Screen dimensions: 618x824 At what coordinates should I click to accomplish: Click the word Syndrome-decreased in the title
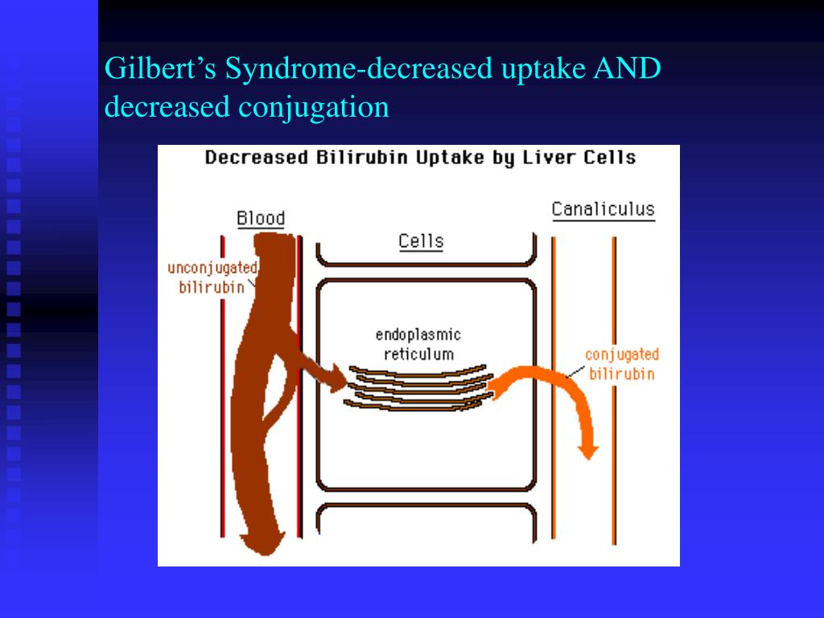[359, 69]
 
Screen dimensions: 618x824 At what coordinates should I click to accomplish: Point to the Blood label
[261, 218]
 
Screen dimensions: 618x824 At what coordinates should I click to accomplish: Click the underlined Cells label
[421, 241]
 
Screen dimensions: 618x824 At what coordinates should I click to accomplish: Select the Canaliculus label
[603, 210]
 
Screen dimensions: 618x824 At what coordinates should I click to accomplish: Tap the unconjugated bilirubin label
[212, 278]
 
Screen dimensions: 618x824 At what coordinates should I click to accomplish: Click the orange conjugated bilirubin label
[621, 364]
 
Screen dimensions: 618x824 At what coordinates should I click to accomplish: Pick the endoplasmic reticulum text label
[418, 344]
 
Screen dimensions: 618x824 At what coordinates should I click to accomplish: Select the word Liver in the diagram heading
[550, 157]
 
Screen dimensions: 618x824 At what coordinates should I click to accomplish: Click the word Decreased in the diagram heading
[256, 157]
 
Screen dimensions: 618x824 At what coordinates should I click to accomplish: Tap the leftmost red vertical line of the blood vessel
[224, 386]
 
